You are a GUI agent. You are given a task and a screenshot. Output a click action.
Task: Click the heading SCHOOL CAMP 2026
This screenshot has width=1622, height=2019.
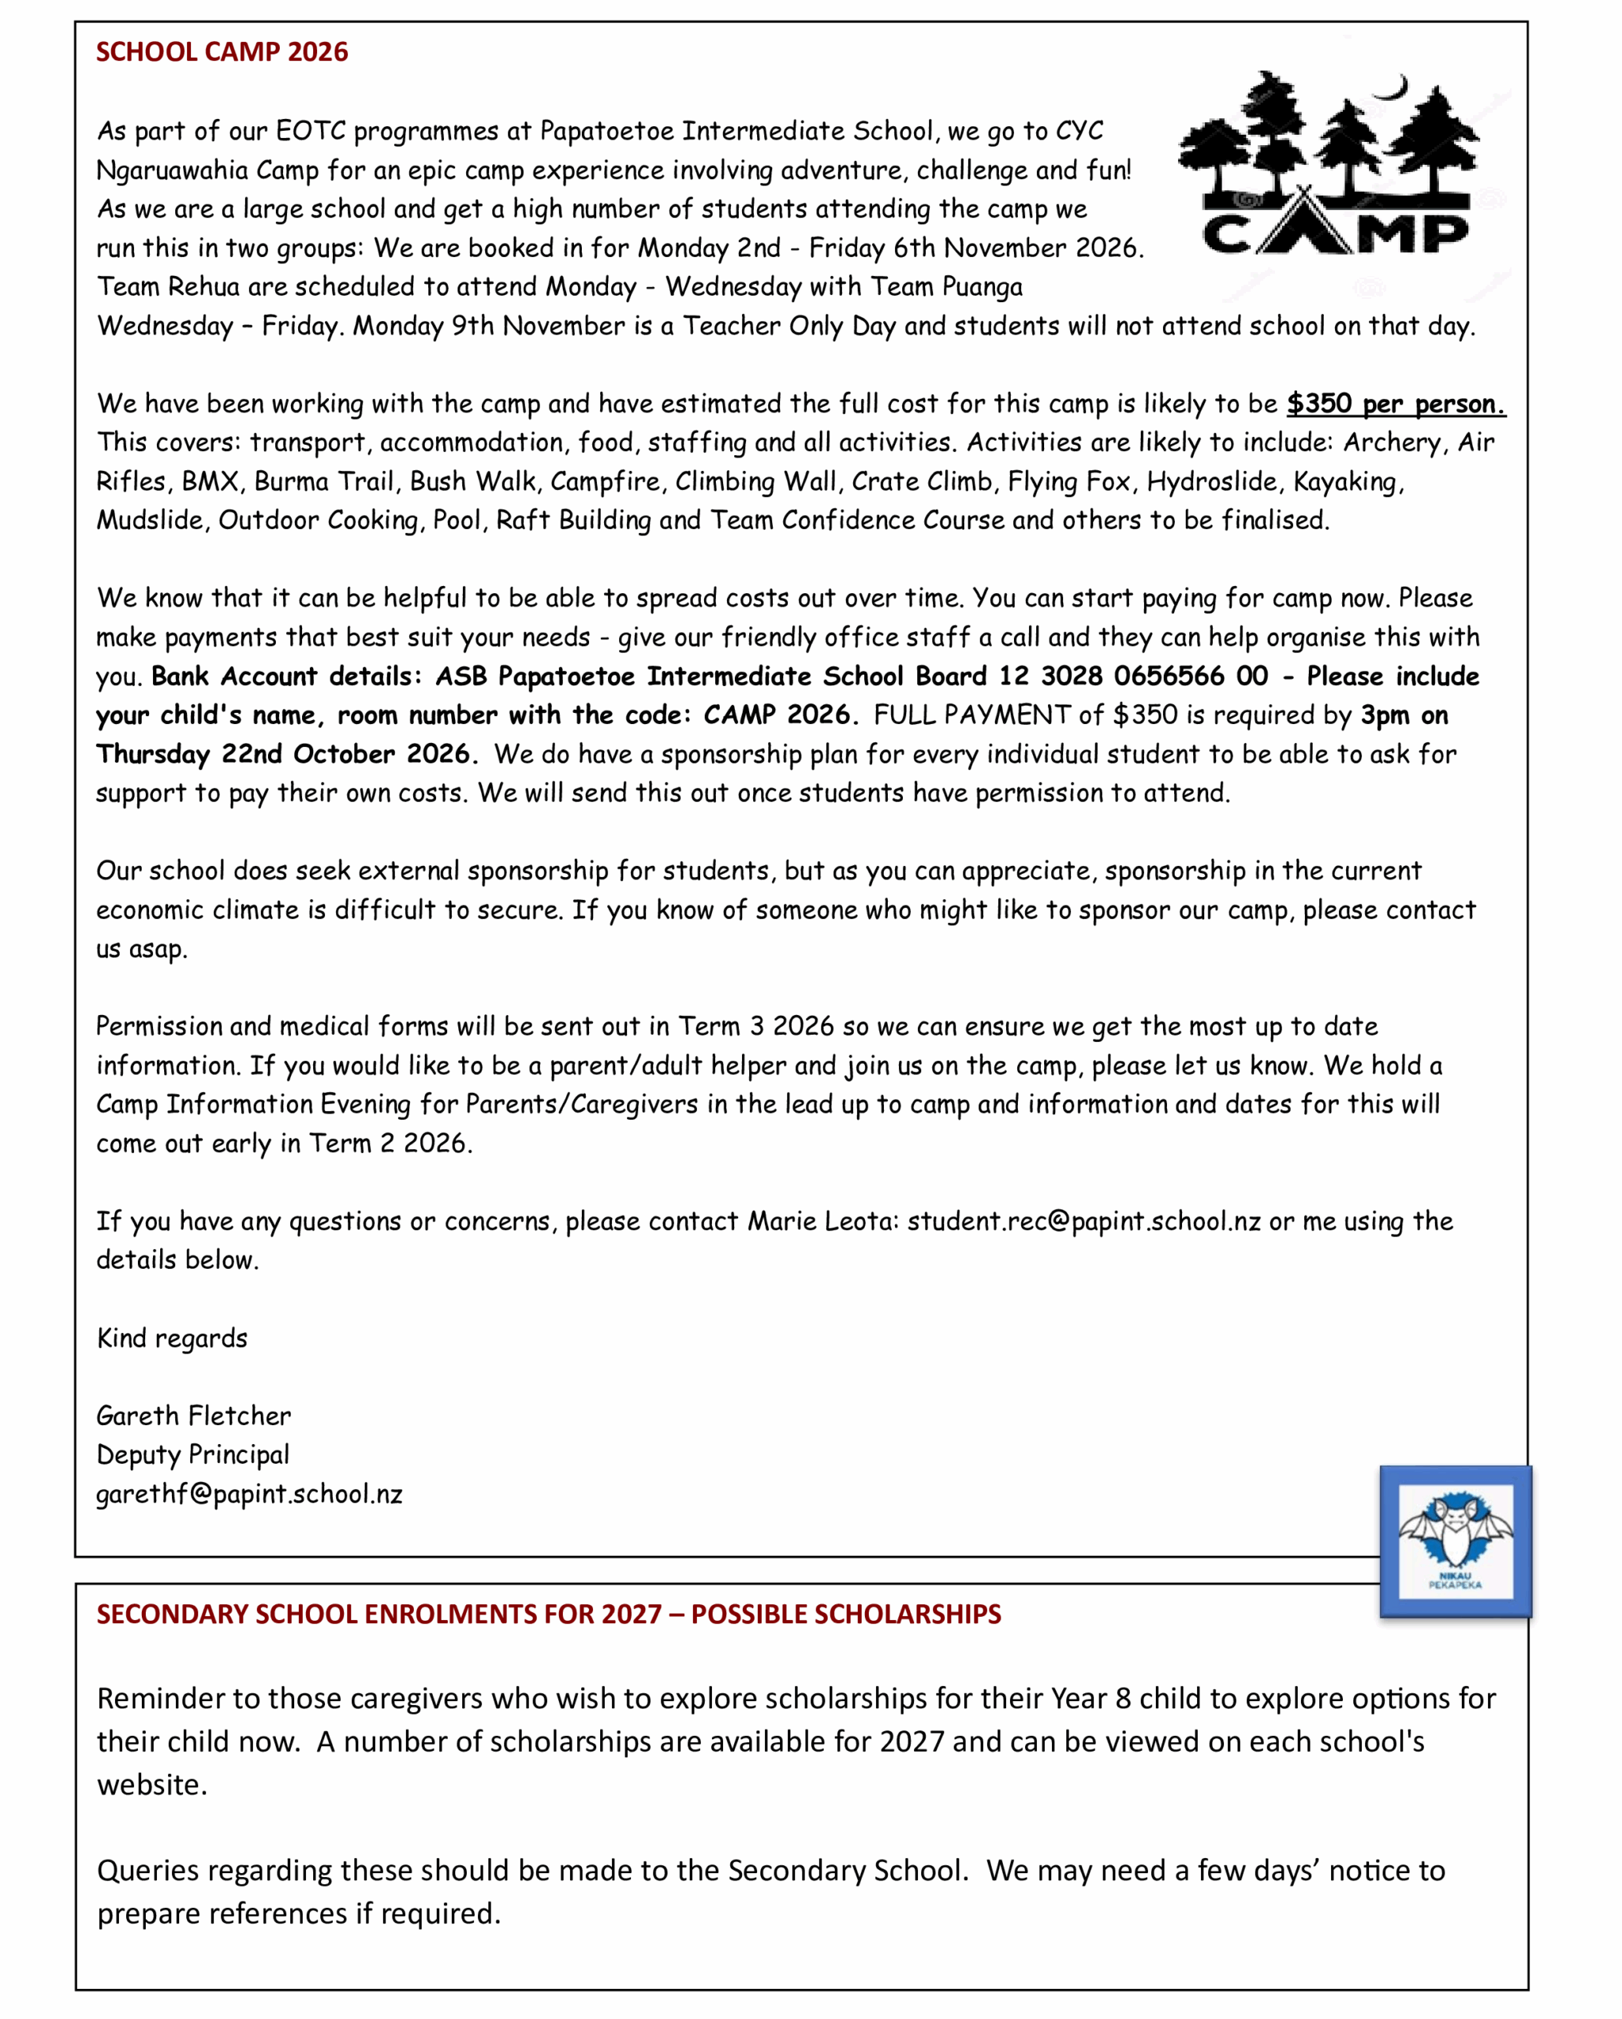click(x=222, y=52)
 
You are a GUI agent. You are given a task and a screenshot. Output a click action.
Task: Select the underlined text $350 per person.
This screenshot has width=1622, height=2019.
click(x=1396, y=404)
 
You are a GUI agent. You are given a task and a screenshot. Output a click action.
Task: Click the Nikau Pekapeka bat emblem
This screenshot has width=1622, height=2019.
click(x=1456, y=1540)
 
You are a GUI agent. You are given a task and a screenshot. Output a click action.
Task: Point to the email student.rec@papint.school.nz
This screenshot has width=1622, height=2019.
click(x=1083, y=1221)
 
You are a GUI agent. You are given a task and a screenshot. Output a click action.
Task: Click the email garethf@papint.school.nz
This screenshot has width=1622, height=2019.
click(x=249, y=1494)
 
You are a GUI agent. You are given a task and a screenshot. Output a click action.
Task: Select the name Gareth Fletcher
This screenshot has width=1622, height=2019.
click(x=194, y=1416)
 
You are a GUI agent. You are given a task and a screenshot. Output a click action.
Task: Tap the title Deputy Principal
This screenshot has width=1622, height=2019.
click(x=193, y=1454)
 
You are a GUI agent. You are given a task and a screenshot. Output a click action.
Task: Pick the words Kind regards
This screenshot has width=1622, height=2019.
click(x=173, y=1338)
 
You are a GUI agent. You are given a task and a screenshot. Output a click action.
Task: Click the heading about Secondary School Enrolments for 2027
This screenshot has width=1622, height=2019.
click(x=549, y=1614)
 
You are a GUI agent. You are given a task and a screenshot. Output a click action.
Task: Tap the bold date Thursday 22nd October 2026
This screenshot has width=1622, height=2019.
click(x=285, y=754)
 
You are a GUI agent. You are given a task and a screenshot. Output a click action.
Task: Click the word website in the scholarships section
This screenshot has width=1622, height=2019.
click(x=150, y=1785)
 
